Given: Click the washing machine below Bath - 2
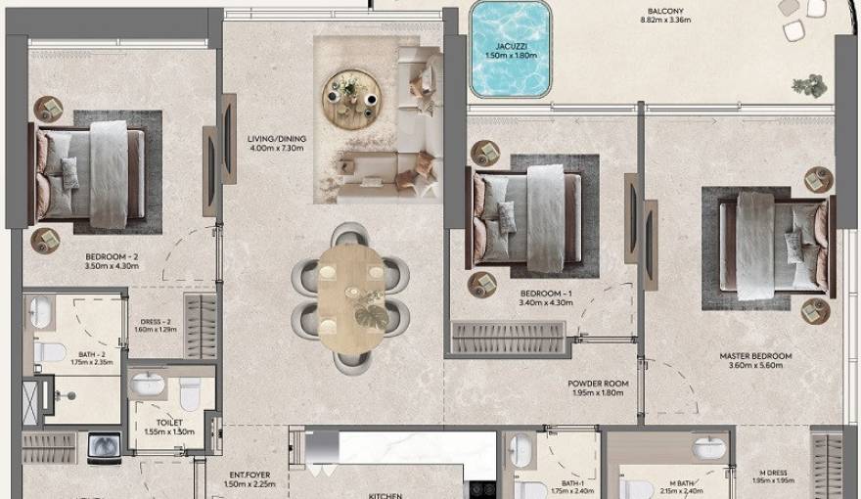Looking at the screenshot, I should point(105,448).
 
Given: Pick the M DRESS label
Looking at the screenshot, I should point(769,474).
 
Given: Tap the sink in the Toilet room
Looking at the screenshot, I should point(147,383).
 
